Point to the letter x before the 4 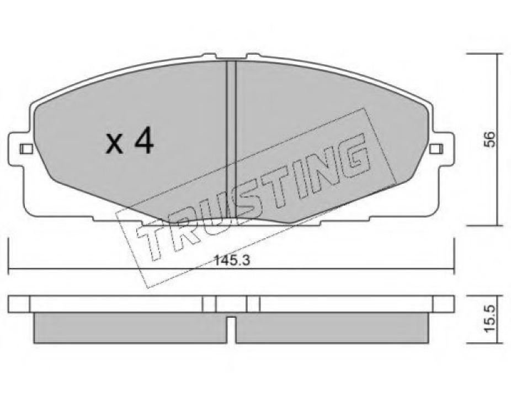(x=115, y=145)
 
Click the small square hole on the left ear (x=24, y=149)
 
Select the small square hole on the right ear (x=436, y=148)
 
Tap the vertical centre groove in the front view (x=231, y=138)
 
